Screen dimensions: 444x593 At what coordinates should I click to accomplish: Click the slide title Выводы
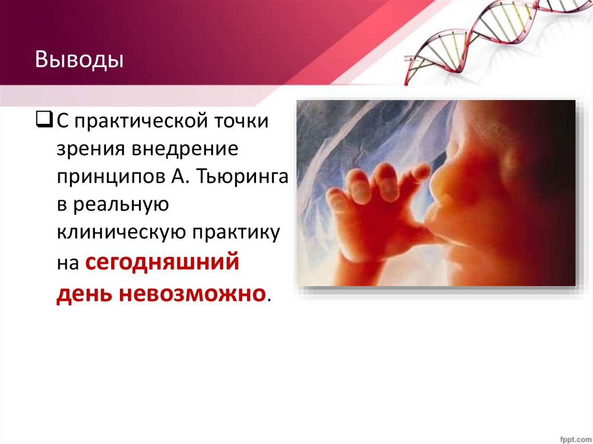(79, 60)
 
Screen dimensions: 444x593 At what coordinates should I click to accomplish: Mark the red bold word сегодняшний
(162, 262)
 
